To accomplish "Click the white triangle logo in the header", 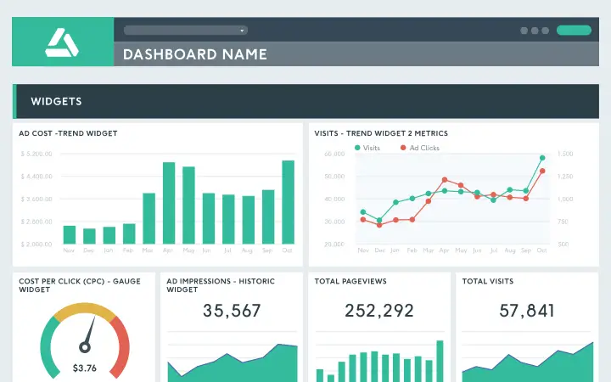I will [62, 42].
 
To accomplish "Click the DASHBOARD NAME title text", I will [195, 54].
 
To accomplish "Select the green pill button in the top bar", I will [574, 31].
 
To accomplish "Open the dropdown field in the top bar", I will [185, 30].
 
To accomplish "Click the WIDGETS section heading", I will [56, 102].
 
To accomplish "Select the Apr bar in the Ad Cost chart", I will [168, 203].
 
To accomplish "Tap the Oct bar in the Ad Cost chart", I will [288, 202].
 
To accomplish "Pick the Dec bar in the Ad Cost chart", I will [89, 236].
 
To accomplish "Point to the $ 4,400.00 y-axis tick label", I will [36, 177].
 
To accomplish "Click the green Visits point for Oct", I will [542, 158].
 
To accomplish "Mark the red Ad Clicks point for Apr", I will [444, 180].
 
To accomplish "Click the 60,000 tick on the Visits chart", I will [334, 154].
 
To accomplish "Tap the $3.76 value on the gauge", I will [84, 368].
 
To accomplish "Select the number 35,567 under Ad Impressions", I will [232, 311].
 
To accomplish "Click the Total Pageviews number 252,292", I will [379, 311].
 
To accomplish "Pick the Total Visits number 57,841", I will [527, 311].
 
